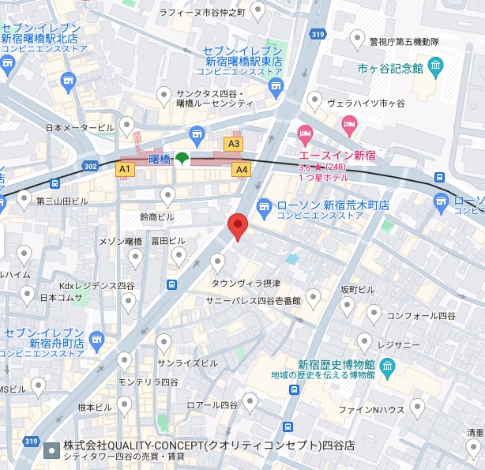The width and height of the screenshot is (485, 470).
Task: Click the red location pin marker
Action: (238, 226)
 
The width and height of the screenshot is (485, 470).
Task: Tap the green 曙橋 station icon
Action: (182, 159)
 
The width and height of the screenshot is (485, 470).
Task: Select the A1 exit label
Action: (124, 169)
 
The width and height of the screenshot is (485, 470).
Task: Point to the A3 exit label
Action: (233, 144)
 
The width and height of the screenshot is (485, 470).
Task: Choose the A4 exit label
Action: (241, 169)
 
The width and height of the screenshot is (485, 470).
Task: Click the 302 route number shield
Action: (88, 167)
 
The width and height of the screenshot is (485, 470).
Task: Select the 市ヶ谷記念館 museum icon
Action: (435, 65)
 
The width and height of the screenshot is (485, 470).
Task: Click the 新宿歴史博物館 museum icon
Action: (387, 367)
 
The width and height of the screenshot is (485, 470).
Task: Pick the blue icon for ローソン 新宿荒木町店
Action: (265, 206)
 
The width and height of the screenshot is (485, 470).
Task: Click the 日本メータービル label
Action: (80, 128)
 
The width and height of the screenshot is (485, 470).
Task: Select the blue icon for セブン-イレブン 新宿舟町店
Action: (96, 338)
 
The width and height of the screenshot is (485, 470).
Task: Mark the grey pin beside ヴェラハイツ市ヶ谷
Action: (315, 100)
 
